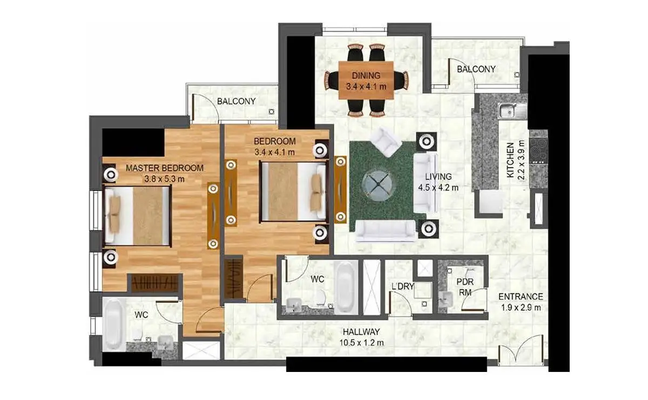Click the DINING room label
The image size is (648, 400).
tap(366, 75)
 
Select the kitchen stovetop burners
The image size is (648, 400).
tap(538, 151)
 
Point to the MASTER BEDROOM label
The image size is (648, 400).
tap(165, 168)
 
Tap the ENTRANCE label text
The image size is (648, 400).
tap(521, 296)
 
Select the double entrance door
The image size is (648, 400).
tap(520, 349)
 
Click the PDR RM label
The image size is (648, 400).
tap(465, 287)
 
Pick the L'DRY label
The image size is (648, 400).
tap(403, 286)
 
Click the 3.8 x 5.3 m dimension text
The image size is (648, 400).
tap(164, 179)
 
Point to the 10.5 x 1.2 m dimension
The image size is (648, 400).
tap(361, 343)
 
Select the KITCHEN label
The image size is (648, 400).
tap(510, 160)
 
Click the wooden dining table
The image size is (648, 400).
tap(366, 80)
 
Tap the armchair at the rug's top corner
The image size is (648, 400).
tap(386, 142)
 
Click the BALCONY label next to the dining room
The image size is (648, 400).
tap(476, 70)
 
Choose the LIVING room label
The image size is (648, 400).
tap(438, 176)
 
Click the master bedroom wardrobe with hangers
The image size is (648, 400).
tap(155, 283)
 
